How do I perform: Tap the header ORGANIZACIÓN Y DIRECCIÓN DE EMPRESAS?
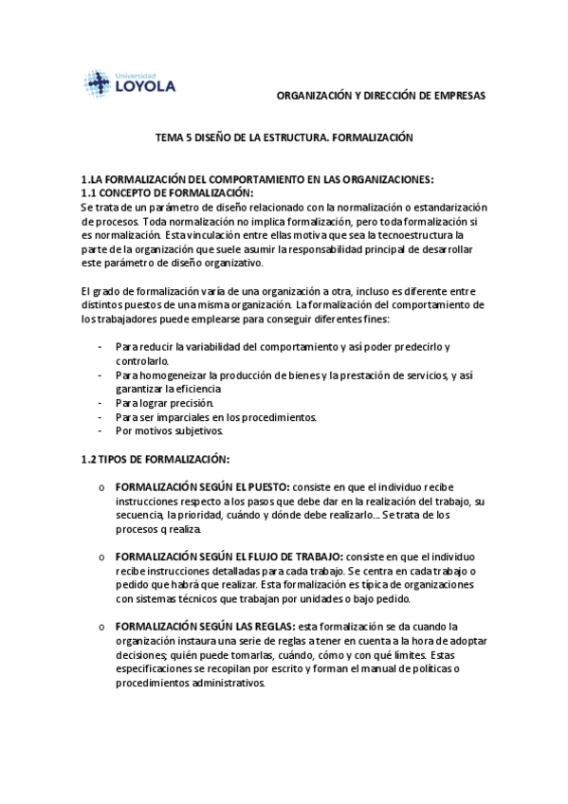380,97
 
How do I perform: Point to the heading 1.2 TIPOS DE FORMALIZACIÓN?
156,459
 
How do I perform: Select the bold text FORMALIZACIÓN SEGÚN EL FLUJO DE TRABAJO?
229,557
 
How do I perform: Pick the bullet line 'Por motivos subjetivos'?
169,429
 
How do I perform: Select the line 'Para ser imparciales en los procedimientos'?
216,416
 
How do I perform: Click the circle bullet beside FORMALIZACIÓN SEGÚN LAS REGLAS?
101,628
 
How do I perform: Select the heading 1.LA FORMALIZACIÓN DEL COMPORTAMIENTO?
257,179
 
